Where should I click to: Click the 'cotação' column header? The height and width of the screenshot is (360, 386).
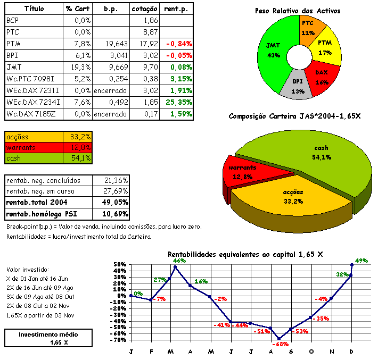click(144, 9)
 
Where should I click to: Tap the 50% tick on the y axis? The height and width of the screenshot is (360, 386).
click(119, 264)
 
